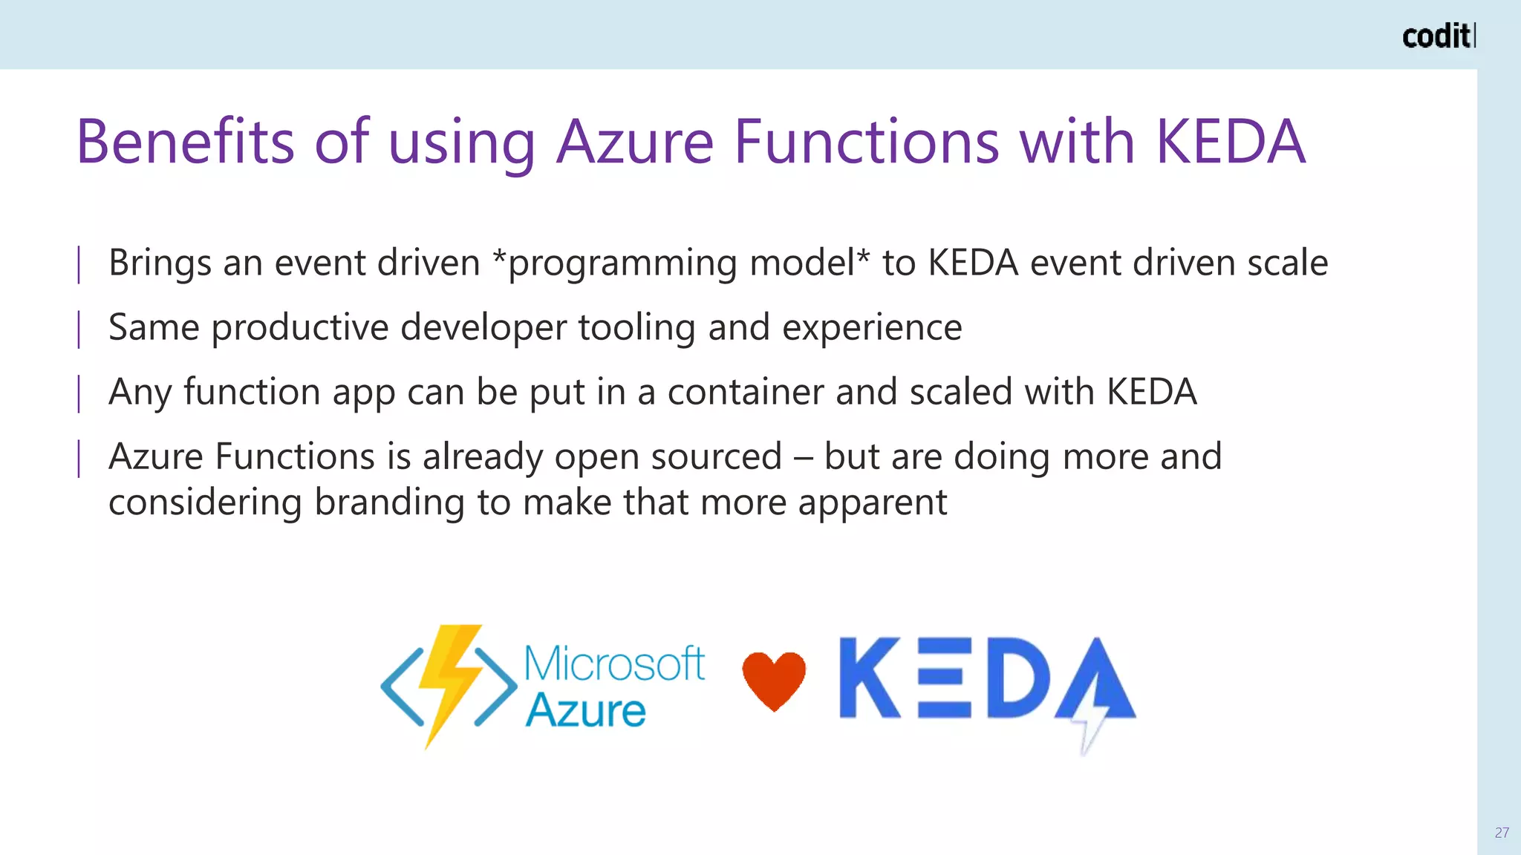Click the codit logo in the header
tap(1438, 36)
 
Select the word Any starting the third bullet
tap(140, 393)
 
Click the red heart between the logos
tap(774, 680)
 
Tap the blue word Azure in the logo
tap(586, 710)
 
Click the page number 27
tap(1502, 833)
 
